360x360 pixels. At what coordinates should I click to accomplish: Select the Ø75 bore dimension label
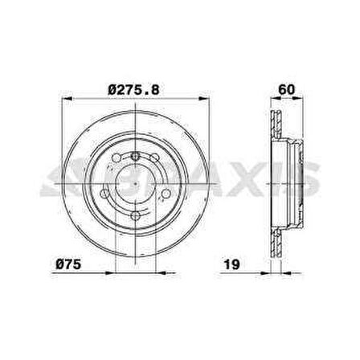click(x=72, y=263)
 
